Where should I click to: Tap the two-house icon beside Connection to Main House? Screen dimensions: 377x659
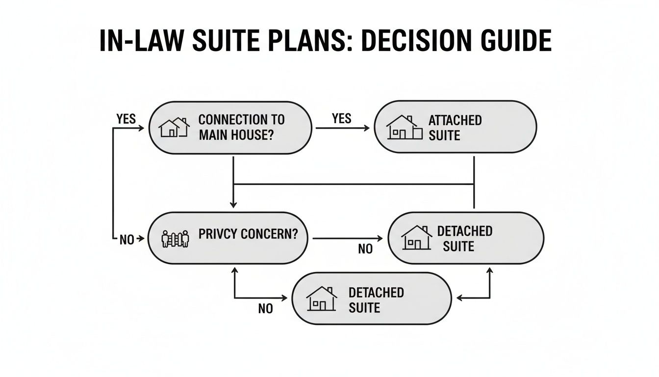click(x=174, y=128)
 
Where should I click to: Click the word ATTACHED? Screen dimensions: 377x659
click(x=455, y=120)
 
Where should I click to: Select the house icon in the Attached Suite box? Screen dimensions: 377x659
click(x=404, y=128)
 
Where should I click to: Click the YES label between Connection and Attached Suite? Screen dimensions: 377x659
click(x=341, y=118)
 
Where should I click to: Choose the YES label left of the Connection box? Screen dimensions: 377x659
click(x=126, y=119)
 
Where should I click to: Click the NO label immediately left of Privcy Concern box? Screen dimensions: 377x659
click(x=127, y=240)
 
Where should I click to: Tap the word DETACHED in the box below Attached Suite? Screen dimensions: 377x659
click(x=464, y=231)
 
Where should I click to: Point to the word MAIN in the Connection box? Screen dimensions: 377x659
click(x=212, y=135)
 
